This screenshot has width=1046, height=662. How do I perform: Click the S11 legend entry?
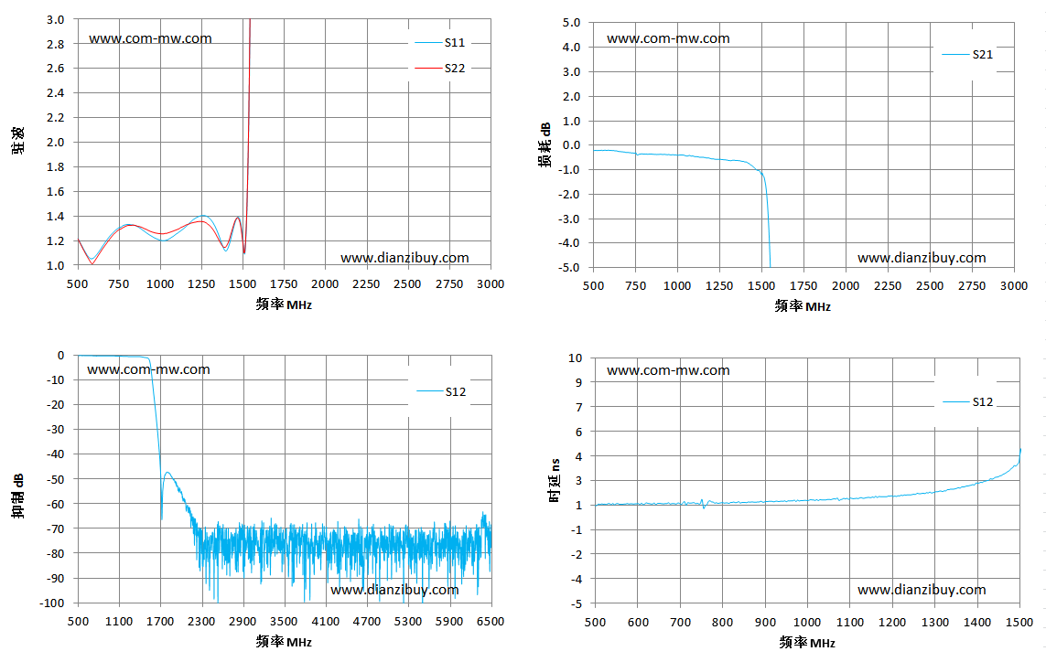tap(439, 43)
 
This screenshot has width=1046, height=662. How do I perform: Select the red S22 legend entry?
tap(439, 68)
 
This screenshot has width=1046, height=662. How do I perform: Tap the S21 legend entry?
tap(967, 55)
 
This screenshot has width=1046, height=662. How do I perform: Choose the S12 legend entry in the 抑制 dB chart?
tap(441, 391)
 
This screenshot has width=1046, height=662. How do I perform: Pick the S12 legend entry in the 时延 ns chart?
tap(968, 402)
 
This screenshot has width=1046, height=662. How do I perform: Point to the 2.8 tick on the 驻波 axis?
tap(56, 44)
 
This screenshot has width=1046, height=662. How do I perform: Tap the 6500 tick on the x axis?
tap(491, 622)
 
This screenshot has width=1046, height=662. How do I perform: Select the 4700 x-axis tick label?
tap(367, 622)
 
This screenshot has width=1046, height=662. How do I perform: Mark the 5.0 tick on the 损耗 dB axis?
tap(571, 23)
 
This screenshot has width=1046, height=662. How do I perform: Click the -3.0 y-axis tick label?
tap(569, 219)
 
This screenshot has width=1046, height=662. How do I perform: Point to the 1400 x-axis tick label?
tap(976, 623)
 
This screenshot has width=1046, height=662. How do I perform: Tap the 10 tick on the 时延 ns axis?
tap(575, 358)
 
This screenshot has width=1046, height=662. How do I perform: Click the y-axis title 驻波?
tap(18, 141)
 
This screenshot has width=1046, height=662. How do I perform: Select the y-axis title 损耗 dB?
tap(545, 144)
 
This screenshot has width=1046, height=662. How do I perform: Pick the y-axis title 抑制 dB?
tap(18, 496)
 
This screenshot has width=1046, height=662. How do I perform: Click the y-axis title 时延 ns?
tap(555, 480)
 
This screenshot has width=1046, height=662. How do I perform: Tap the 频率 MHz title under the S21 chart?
tap(803, 306)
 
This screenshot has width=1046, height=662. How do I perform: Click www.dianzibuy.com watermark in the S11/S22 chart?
tap(404, 258)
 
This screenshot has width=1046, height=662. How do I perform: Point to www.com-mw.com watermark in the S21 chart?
tap(668, 38)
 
